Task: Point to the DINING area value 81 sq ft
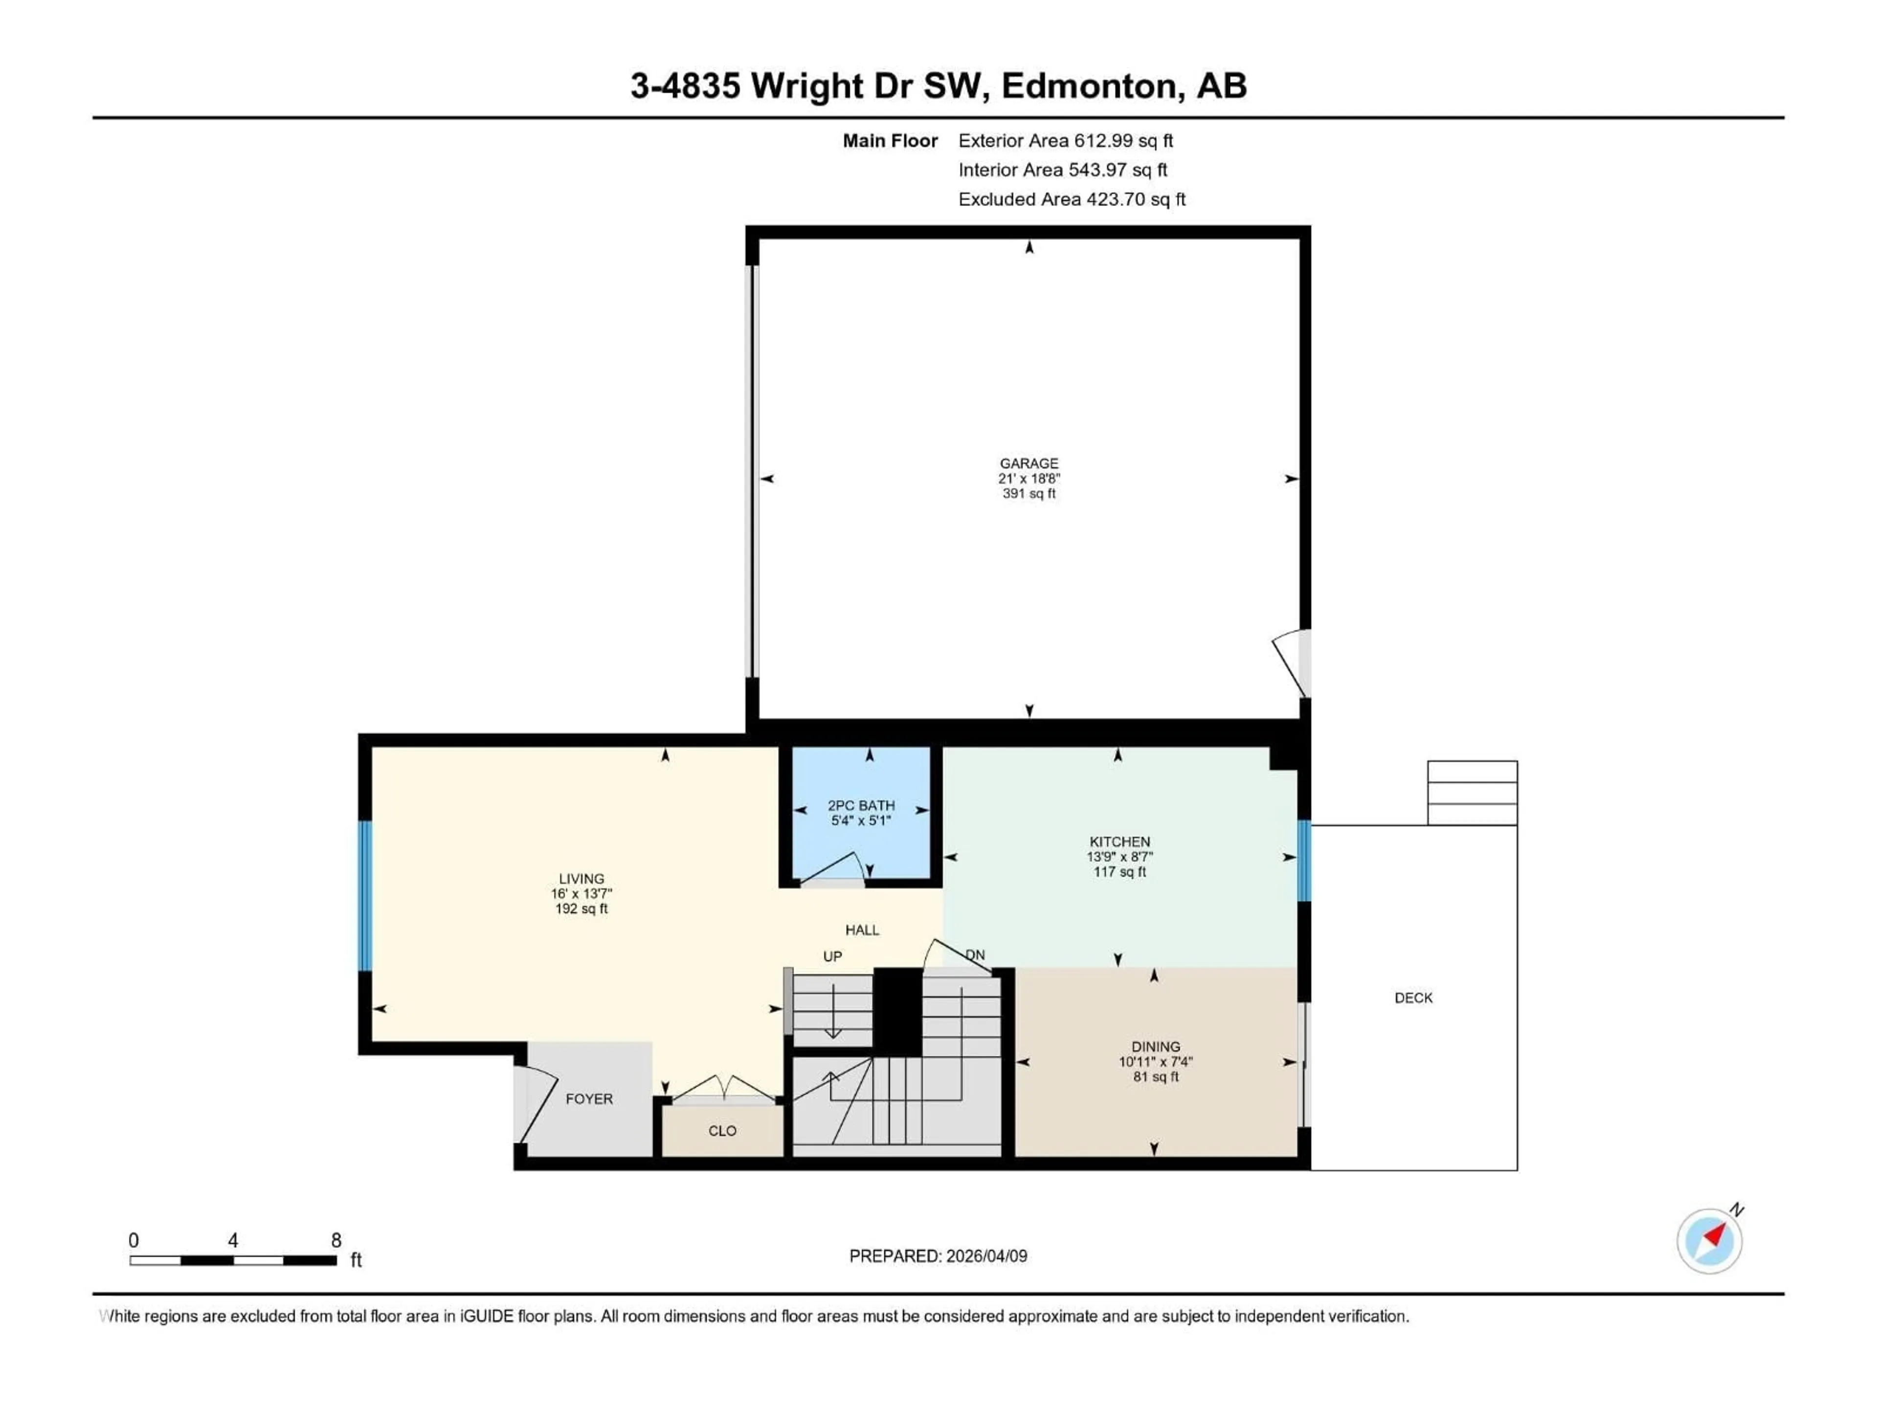1156,1077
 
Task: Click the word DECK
1413,998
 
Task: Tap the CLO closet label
722,1131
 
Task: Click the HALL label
862,930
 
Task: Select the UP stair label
832,956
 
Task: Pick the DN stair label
975,955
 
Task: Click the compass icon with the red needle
1709,1241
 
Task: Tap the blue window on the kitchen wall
1304,860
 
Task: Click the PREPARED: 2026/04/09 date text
938,1256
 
